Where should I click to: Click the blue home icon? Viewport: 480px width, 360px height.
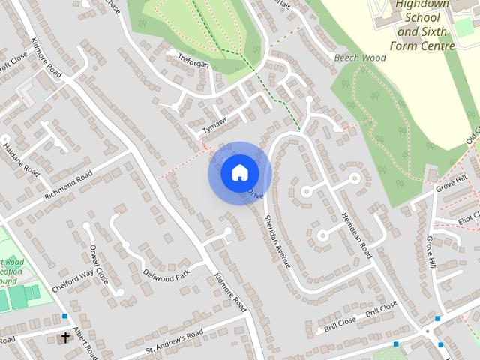click(239, 173)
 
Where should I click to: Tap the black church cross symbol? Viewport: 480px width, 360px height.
click(65, 338)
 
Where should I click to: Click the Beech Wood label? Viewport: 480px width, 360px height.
click(361, 58)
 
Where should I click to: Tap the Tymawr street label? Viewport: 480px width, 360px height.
click(214, 125)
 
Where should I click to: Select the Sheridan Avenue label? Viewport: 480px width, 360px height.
click(277, 239)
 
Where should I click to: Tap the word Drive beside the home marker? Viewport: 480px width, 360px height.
click(256, 194)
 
